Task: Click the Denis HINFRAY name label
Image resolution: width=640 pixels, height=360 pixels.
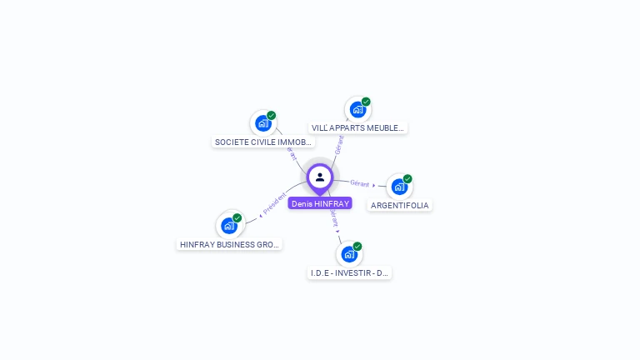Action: tap(320, 203)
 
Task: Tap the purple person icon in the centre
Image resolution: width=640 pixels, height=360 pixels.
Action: tap(320, 177)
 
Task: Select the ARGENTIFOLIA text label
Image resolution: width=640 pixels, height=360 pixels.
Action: tap(400, 206)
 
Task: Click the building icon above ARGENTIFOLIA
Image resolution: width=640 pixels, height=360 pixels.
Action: tap(399, 187)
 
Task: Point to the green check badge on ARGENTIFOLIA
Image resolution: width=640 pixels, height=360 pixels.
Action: tap(407, 178)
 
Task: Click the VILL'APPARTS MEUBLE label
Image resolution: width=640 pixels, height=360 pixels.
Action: tap(357, 128)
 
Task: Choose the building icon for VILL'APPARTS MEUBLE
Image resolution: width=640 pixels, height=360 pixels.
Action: tap(357, 109)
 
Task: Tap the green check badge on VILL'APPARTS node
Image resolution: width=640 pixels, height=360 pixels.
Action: tap(366, 102)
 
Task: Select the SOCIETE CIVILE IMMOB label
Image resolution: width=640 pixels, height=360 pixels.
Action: tap(263, 142)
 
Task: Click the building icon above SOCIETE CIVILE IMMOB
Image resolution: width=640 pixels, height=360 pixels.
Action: tap(263, 123)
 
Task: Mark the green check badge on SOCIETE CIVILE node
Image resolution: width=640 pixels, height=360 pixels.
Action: tap(272, 116)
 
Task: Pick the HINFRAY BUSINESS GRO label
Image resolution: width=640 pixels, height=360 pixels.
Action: tap(229, 245)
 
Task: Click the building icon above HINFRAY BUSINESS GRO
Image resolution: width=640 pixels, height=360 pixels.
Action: tap(229, 226)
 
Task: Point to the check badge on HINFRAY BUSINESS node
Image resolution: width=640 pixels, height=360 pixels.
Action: tap(237, 218)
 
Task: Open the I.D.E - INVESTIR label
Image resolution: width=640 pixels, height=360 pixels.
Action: tap(349, 273)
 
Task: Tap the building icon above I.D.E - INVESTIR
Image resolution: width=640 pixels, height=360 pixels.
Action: tap(349, 254)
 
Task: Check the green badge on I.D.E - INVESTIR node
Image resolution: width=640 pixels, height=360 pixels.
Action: tap(357, 247)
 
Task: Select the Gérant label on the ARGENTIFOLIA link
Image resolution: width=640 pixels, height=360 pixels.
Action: tap(360, 183)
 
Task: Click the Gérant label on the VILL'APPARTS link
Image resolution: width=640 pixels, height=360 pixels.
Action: tap(338, 144)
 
